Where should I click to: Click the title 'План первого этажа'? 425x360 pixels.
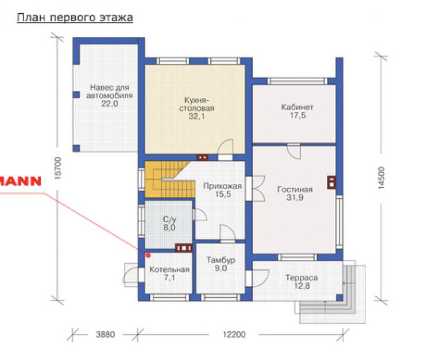tap(75, 18)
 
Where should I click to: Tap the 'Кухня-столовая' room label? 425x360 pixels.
tap(196, 104)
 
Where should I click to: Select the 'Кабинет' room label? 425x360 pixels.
tap(297, 107)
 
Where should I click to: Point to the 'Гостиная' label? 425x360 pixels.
tap(295, 189)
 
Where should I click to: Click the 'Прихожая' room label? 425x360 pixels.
tap(222, 186)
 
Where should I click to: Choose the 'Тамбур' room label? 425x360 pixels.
tap(221, 260)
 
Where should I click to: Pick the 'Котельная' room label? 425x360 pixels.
tap(169, 269)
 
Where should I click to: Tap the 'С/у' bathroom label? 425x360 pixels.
tap(169, 219)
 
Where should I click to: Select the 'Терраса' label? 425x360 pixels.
tap(302, 278)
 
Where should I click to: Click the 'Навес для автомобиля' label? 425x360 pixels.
tap(110, 91)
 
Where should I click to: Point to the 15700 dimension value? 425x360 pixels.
tap(58, 168)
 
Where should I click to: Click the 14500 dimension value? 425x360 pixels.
tap(381, 177)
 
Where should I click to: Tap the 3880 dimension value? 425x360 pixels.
tap(106, 335)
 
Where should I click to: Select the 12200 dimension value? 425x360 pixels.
tap(234, 335)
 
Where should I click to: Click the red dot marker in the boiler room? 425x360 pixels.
tap(148, 255)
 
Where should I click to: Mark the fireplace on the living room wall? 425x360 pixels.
tap(332, 182)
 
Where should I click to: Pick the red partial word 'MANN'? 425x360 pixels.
tap(21, 181)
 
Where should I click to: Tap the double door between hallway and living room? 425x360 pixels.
tap(256, 189)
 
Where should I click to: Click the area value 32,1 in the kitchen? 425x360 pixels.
tap(196, 116)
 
